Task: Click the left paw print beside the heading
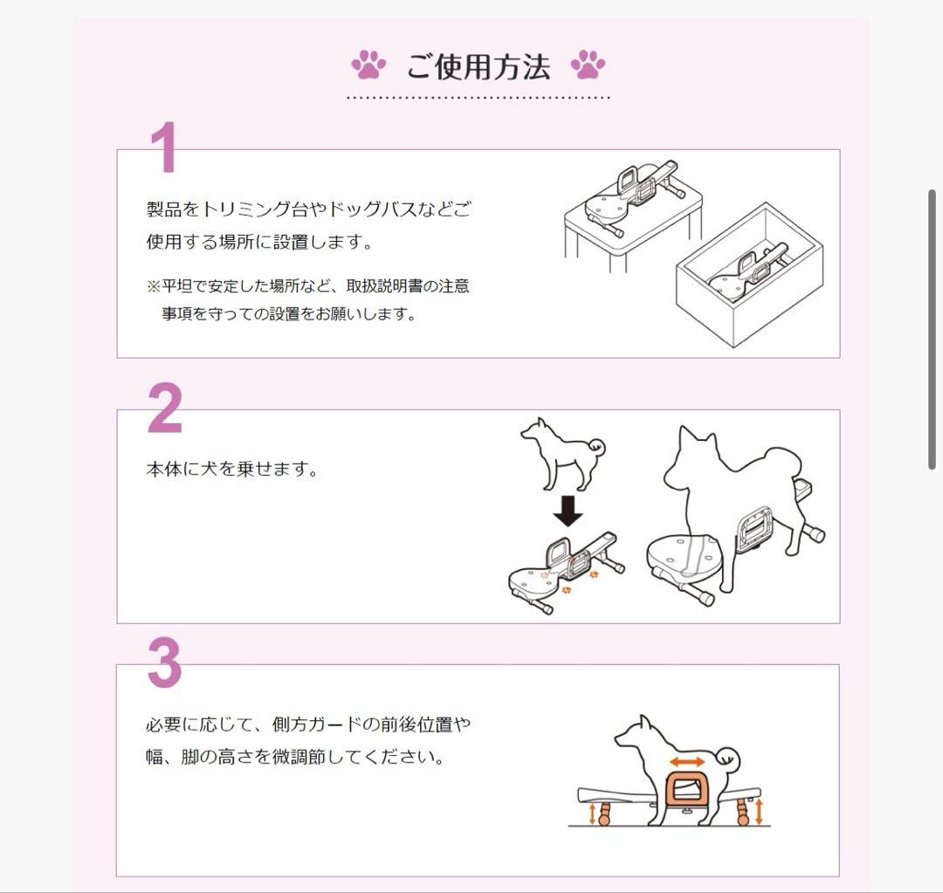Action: click(368, 65)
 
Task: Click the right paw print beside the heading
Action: click(588, 65)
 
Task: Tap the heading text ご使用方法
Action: click(478, 66)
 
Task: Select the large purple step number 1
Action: click(163, 148)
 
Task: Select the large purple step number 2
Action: click(165, 409)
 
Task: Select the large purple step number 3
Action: click(164, 663)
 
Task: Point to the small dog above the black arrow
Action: click(560, 452)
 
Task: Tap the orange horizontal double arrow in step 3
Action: click(687, 762)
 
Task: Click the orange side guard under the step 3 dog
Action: click(685, 792)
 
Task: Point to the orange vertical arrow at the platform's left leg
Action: click(594, 814)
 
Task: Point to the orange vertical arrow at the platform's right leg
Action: click(758, 811)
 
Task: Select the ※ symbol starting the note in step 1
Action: click(153, 286)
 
